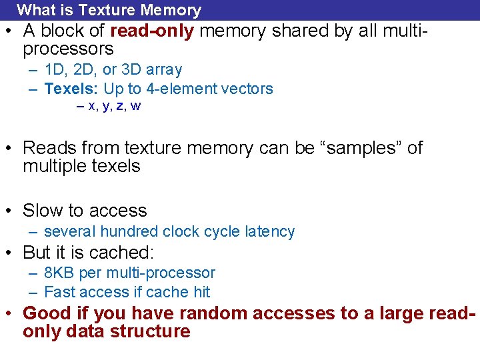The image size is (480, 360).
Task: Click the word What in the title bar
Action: [37, 10]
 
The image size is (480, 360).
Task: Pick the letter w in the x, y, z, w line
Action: [135, 106]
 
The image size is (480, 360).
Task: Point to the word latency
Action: [269, 232]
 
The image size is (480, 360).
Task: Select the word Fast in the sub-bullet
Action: [59, 292]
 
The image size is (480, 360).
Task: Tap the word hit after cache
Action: [201, 292]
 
